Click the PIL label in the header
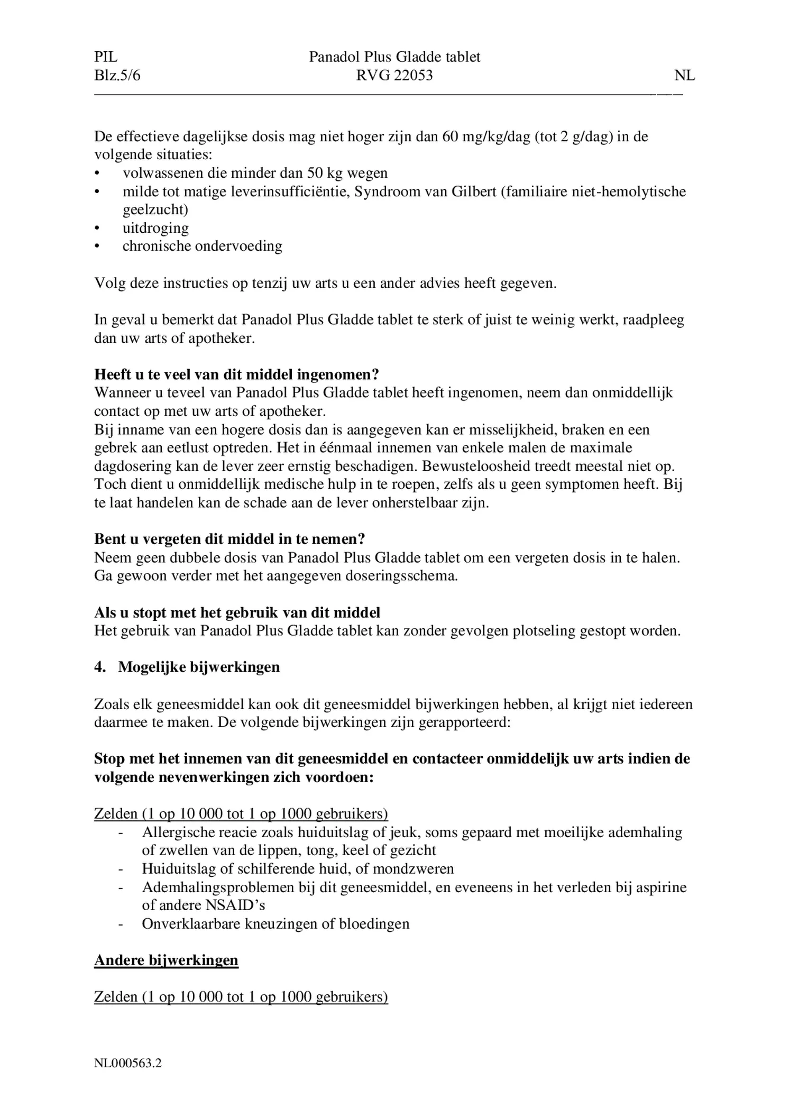point(106,57)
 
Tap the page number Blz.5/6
point(117,76)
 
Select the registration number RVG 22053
point(394,76)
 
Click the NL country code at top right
point(684,76)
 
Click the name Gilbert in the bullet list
point(474,191)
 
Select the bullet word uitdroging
point(155,228)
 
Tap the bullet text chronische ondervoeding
point(202,246)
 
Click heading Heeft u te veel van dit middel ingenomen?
point(236,374)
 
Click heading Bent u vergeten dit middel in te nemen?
point(229,539)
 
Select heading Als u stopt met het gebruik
point(237,612)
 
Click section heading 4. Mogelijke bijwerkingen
point(187,667)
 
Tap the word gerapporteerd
point(464,722)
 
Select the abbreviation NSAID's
point(235,905)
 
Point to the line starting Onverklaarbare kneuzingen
point(275,923)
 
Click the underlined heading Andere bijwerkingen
point(166,960)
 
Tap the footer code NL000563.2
point(128,1063)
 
